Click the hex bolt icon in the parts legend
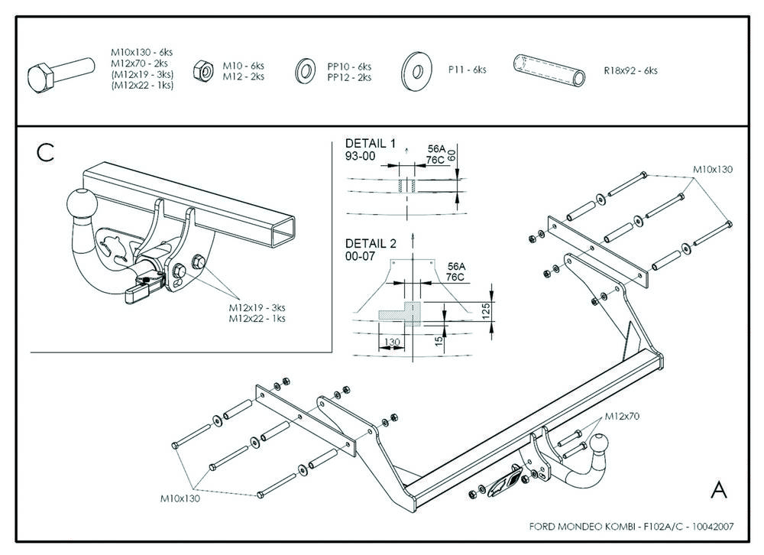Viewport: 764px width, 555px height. click(x=53, y=75)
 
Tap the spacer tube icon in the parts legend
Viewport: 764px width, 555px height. click(x=549, y=70)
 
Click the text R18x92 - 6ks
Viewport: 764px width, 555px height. click(x=630, y=70)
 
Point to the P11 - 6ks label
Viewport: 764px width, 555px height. click(x=467, y=70)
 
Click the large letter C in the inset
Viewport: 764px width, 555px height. click(x=46, y=152)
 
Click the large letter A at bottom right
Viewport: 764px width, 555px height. click(x=718, y=490)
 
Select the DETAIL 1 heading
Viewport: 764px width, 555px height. click(x=371, y=143)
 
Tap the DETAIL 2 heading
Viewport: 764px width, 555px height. click(x=371, y=245)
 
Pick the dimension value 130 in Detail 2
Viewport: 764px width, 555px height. click(x=393, y=342)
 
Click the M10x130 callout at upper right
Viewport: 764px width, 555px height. click(x=713, y=169)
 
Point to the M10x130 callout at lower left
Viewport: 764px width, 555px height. click(x=180, y=498)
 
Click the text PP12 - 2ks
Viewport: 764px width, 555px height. click(x=349, y=77)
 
